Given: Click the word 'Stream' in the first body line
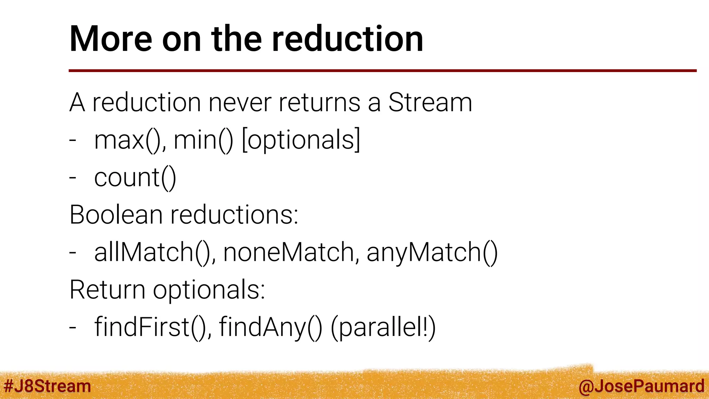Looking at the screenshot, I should point(430,103).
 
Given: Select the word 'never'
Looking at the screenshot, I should point(240,103).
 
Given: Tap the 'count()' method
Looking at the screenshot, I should point(135,178).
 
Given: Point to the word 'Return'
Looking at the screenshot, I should point(107,290).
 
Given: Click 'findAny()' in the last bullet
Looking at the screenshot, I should point(270,327).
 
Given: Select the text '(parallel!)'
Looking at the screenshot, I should point(383,327).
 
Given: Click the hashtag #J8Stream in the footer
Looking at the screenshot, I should point(47,386).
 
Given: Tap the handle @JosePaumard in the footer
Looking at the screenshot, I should point(641,386).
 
